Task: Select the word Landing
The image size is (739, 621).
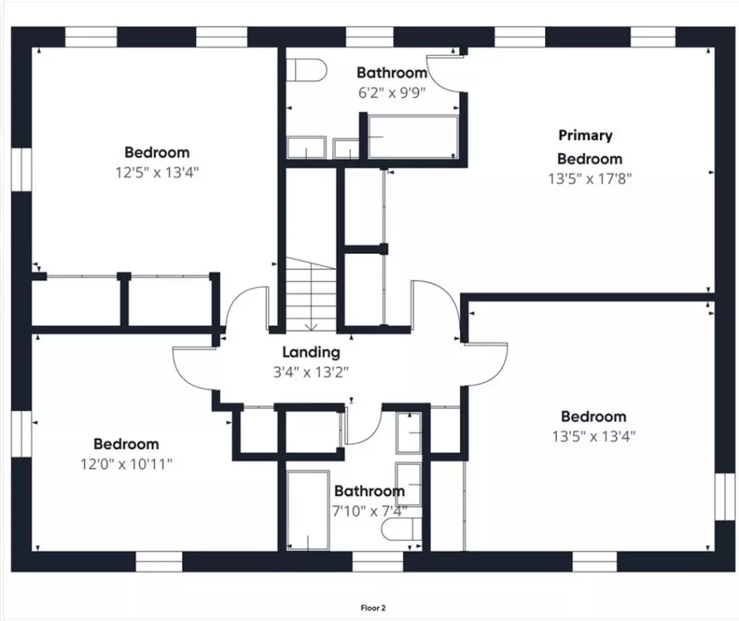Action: pos(310,353)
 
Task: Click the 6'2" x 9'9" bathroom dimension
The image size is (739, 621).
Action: pos(391,91)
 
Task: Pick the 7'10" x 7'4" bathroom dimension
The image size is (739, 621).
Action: pos(369,511)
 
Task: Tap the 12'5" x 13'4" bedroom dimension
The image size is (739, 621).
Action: pos(157,171)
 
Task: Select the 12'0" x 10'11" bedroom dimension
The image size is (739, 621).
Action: pos(125,463)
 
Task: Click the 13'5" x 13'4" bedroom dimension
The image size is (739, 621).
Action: pos(593,437)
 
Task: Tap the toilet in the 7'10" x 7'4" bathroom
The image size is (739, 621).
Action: pos(402,530)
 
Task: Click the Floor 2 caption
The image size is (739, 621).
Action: pos(373,606)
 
